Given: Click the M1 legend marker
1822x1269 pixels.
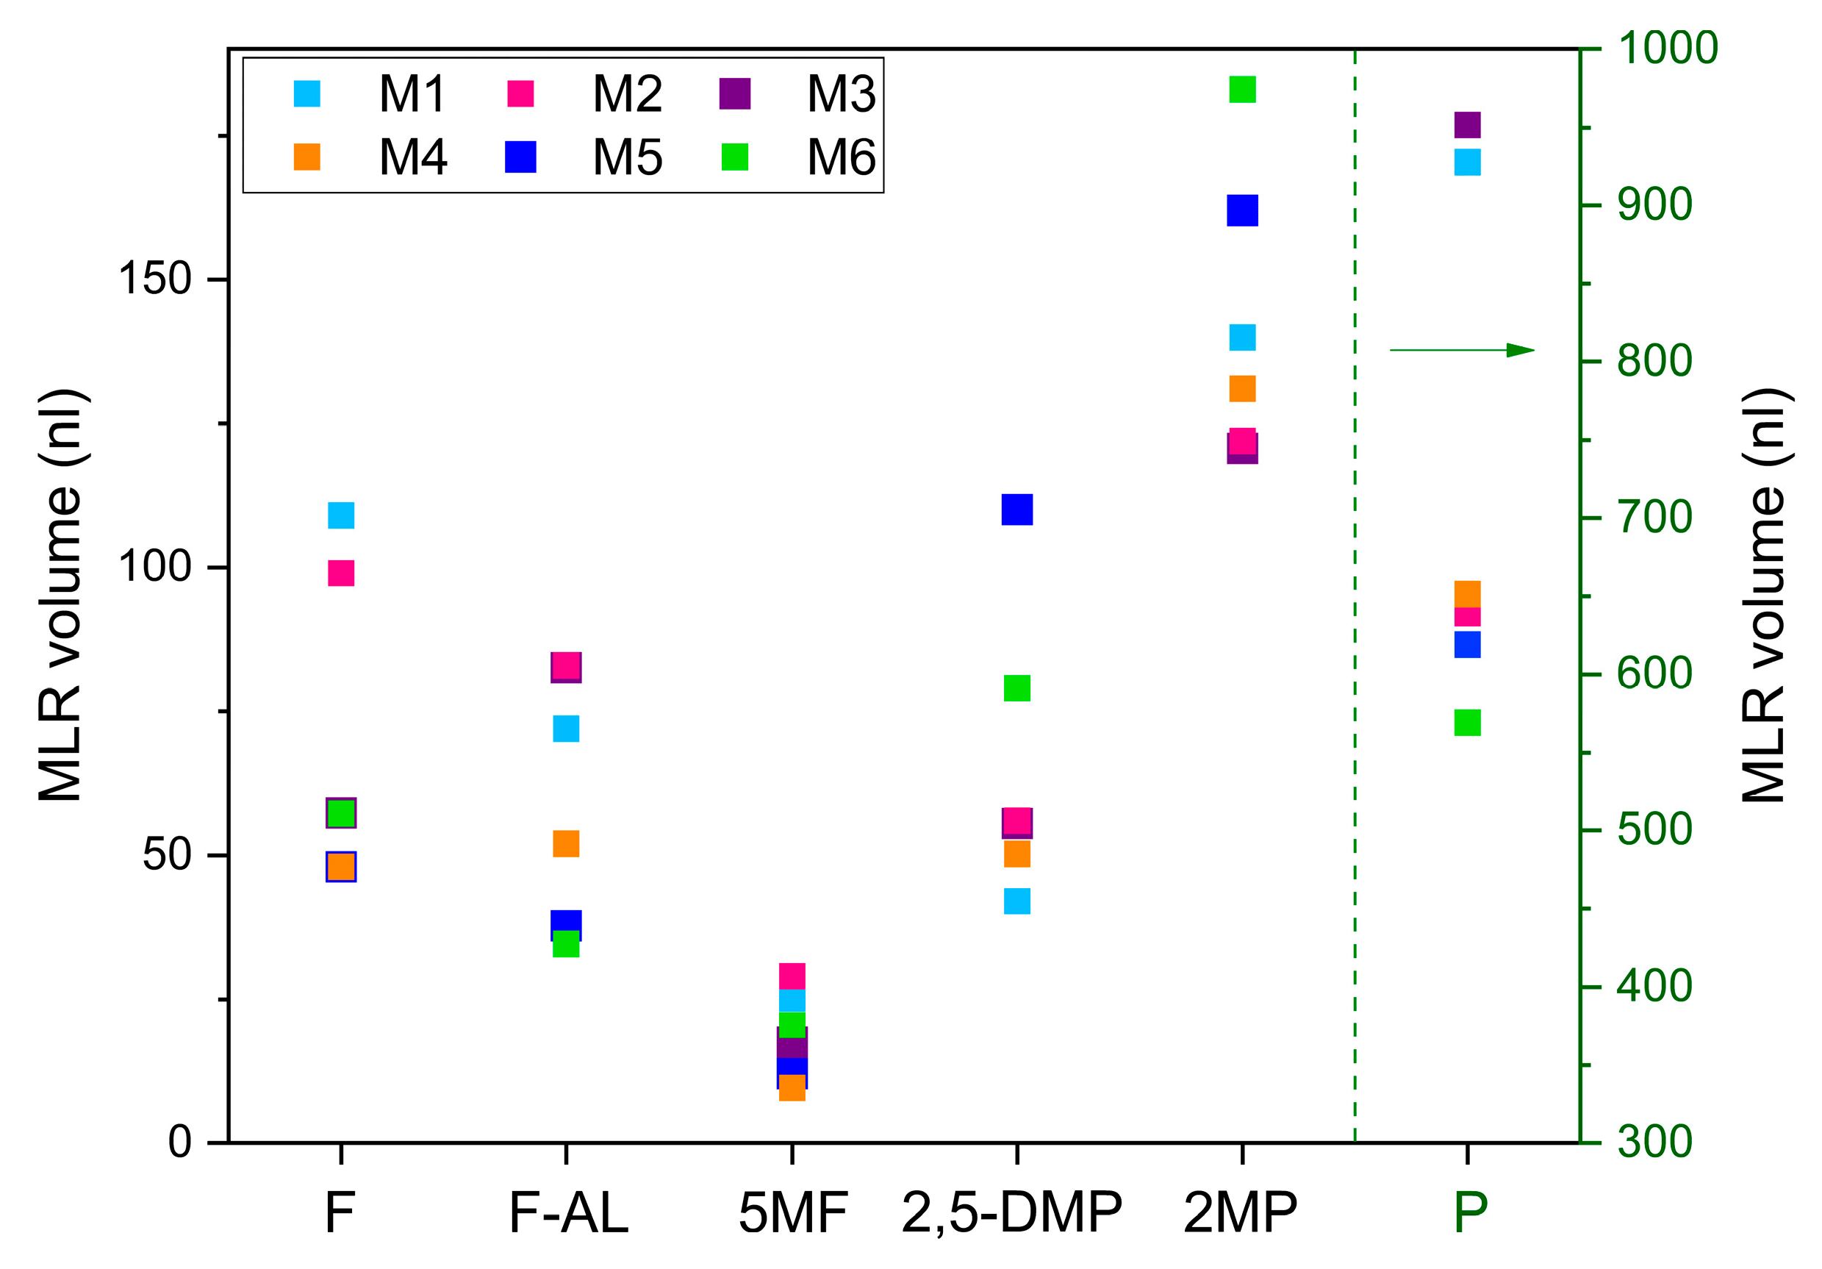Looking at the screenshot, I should pyautogui.click(x=307, y=93).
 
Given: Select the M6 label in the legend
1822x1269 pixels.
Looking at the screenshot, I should pyautogui.click(x=841, y=157).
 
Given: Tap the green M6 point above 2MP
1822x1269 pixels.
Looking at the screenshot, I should pyautogui.click(x=1243, y=90).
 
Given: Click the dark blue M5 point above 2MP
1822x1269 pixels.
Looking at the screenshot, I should pyautogui.click(x=1243, y=211).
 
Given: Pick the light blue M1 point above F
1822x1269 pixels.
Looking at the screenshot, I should pyautogui.click(x=341, y=516).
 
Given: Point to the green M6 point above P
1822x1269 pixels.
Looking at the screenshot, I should pyautogui.click(x=1467, y=723).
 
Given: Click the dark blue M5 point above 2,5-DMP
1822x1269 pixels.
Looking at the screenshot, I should pyautogui.click(x=1017, y=510).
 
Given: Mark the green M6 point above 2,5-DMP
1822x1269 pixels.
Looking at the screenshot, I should pyautogui.click(x=1017, y=689).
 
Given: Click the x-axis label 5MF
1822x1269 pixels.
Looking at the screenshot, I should pyautogui.click(x=793, y=1213).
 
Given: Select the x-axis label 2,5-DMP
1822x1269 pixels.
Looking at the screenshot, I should pyautogui.click(x=1012, y=1213).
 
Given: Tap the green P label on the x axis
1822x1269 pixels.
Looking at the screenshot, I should pyautogui.click(x=1470, y=1213).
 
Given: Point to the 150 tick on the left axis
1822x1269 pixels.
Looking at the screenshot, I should pyautogui.click(x=156, y=279).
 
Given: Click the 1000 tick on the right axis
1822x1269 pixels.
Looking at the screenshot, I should pyautogui.click(x=1667, y=48).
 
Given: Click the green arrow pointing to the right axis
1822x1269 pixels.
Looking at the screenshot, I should pyautogui.click(x=1462, y=350).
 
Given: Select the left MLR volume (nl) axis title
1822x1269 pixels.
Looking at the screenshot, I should pyautogui.click(x=60, y=596).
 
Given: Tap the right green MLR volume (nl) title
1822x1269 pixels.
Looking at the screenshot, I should pyautogui.click(x=1763, y=596).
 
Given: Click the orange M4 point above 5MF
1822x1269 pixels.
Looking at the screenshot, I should pyautogui.click(x=793, y=1088).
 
